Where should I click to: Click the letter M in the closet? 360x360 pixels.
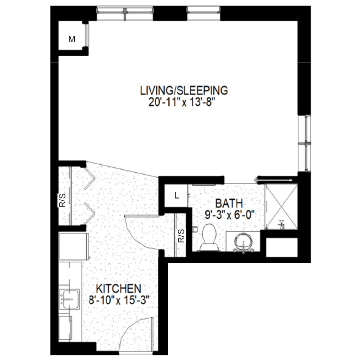pyautogui.click(x=72, y=40)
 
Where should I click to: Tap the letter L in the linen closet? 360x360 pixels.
pyautogui.click(x=176, y=196)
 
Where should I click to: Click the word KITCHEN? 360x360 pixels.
pyautogui.click(x=118, y=288)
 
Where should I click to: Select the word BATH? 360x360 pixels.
pyautogui.click(x=229, y=203)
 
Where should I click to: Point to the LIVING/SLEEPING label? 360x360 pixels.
pyautogui.click(x=184, y=90)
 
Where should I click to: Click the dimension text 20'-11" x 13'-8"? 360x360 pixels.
pyautogui.click(x=183, y=103)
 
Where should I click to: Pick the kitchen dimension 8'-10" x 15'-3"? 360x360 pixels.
pyautogui.click(x=119, y=300)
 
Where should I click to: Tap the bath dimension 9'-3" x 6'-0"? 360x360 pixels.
pyautogui.click(x=230, y=215)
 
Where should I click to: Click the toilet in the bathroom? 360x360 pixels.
pyautogui.click(x=209, y=238)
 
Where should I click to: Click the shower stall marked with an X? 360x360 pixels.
pyautogui.click(x=281, y=206)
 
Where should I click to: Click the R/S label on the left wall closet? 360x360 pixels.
pyautogui.click(x=63, y=200)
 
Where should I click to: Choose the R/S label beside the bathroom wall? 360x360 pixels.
pyautogui.click(x=181, y=236)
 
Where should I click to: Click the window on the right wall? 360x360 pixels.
pyautogui.click(x=305, y=143)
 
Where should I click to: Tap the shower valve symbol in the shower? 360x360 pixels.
pyautogui.click(x=281, y=224)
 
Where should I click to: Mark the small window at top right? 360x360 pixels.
pyautogui.click(x=204, y=13)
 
